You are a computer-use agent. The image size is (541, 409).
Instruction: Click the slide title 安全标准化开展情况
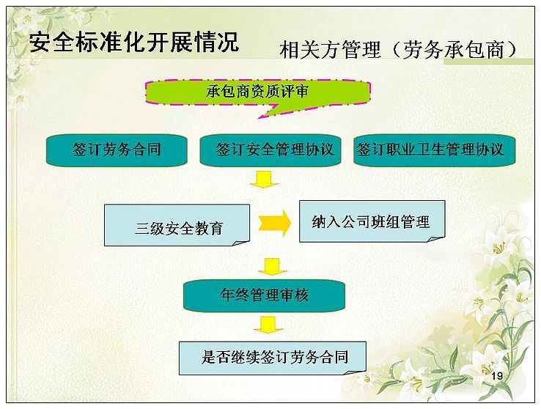[x=134, y=42]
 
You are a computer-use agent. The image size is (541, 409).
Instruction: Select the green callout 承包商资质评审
[x=258, y=92]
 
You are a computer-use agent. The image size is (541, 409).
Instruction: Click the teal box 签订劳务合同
[x=117, y=150]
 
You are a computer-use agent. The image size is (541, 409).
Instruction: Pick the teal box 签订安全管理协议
[x=270, y=150]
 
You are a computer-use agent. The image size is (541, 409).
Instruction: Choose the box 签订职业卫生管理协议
[x=435, y=150]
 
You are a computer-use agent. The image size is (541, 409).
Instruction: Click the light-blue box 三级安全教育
[x=177, y=225]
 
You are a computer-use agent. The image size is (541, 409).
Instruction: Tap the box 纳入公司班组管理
[x=372, y=221]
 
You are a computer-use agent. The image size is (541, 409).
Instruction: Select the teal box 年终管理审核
[x=264, y=295]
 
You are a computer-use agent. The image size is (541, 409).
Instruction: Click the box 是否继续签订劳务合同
[x=273, y=358]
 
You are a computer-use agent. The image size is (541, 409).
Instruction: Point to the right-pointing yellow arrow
[x=275, y=223]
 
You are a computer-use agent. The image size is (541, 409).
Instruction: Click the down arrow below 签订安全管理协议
[x=265, y=180]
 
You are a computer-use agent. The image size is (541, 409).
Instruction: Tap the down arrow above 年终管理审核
[x=273, y=267]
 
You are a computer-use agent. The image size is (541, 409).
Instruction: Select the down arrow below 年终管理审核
[x=268, y=325]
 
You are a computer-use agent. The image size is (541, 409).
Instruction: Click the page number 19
[x=497, y=376]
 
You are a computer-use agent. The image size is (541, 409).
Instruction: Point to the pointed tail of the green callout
[x=259, y=118]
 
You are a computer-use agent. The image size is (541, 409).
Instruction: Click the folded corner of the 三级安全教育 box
[x=241, y=243]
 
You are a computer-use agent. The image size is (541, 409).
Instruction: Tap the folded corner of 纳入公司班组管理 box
[x=436, y=239]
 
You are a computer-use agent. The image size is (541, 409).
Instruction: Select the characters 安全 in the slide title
[x=53, y=42]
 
